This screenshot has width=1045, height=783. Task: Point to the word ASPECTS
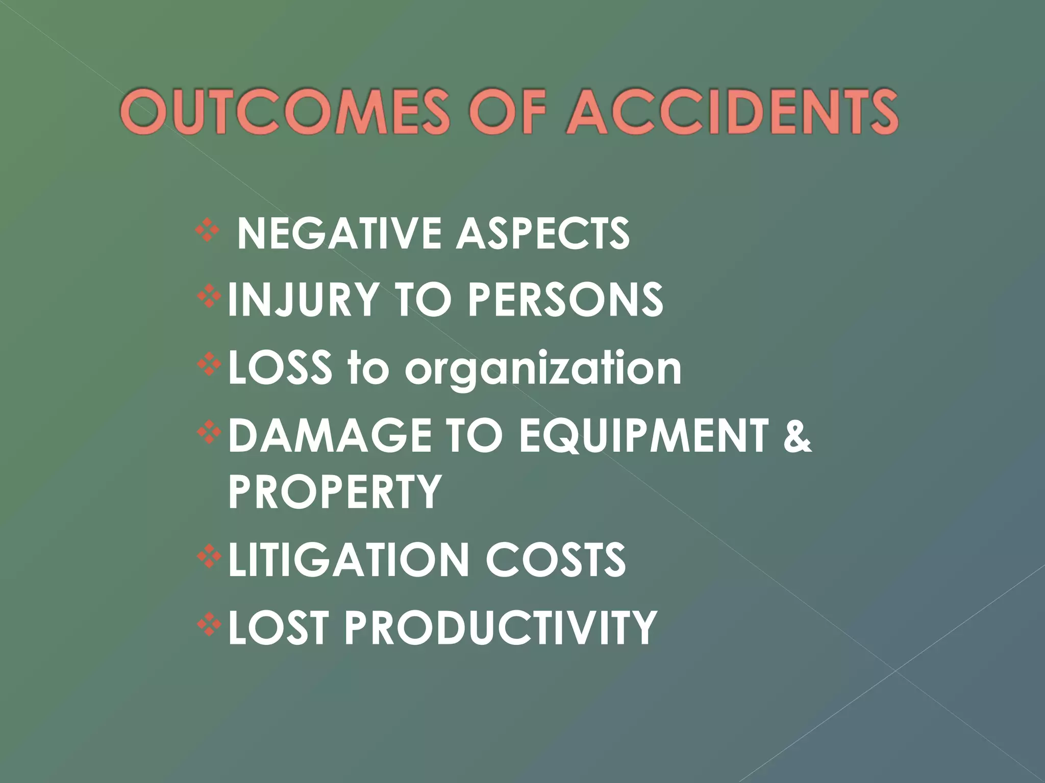[543, 233]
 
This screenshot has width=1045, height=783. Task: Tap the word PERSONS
[565, 300]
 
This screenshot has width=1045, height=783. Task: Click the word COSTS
[556, 560]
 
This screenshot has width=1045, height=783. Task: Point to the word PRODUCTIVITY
[501, 628]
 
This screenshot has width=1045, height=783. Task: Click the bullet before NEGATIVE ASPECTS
[207, 230]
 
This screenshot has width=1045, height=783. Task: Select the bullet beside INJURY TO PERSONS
[209, 297]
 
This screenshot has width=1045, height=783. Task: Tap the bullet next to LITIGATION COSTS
[209, 557]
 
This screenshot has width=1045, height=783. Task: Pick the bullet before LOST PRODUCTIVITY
[209, 624]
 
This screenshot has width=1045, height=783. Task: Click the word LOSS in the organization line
[280, 368]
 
